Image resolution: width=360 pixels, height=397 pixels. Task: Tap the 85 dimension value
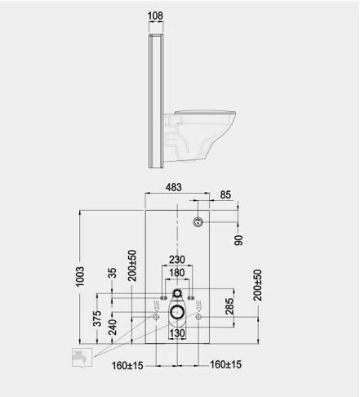tap(225, 195)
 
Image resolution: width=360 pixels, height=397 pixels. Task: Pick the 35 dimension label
tap(112, 274)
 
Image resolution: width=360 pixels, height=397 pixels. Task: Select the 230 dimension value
tap(177, 260)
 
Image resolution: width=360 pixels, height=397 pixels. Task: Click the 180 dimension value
tap(177, 273)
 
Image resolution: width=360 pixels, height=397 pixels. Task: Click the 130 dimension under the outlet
tap(177, 334)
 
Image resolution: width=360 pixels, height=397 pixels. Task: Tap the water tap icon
tap(81, 357)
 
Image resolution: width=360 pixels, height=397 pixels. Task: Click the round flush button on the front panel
tap(197, 221)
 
